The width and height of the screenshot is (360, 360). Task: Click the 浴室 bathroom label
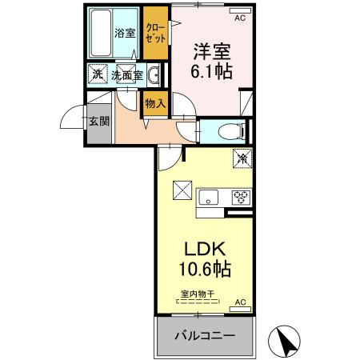(123, 34)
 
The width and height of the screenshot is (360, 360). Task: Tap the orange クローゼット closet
(155, 34)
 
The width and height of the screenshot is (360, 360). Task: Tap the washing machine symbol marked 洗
(97, 74)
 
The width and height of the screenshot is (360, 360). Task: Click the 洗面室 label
(126, 75)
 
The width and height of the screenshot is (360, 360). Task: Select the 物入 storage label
(155, 102)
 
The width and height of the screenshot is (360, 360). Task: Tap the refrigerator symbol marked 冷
(240, 158)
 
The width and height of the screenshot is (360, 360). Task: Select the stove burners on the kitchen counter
(239, 197)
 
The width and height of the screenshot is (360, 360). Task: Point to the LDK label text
(205, 247)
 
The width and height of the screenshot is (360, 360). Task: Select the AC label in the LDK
(239, 302)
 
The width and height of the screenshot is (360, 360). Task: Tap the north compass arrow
(283, 342)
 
